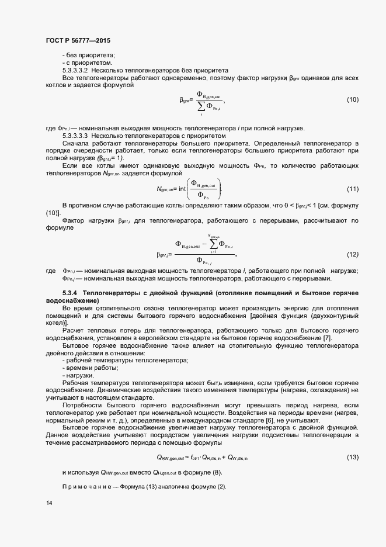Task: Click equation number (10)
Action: click(353, 100)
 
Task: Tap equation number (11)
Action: click(353, 189)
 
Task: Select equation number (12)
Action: click(353, 254)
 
